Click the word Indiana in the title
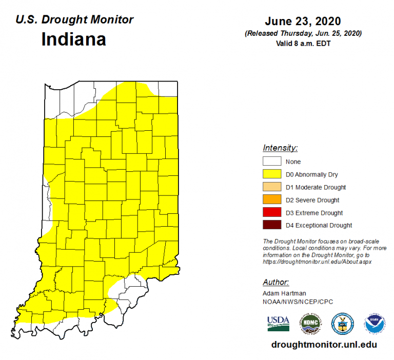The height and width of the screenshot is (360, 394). pos(74,39)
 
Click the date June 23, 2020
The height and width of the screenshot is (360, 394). pos(303,22)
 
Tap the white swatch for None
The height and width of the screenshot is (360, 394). pos(272,162)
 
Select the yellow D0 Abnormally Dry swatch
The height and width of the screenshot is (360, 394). pos(272,174)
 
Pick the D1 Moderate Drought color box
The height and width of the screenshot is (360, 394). pos(272,187)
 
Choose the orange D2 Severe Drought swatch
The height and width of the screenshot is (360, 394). pos(272,200)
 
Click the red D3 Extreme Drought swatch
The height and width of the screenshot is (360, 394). pos(272,213)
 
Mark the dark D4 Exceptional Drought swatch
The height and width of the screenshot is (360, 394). pos(272,226)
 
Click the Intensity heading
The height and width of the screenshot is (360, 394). pos(280,148)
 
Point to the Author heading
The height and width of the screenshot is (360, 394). pos(276,282)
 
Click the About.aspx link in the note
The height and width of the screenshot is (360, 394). pos(317,261)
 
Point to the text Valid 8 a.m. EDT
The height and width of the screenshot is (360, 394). pos(303,43)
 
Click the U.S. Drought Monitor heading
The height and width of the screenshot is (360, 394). pos(74,20)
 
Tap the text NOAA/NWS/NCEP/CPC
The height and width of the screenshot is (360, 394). pos(291,302)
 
